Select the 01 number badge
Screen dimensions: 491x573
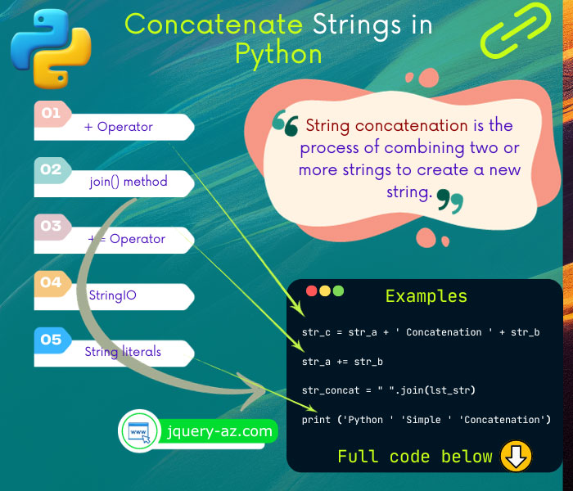tap(52, 113)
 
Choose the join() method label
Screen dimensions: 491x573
tap(129, 182)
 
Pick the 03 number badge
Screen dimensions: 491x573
tap(52, 226)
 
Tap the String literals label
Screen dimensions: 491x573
tap(123, 352)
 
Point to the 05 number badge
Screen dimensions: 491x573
tap(52, 340)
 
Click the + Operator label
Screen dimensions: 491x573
tap(119, 127)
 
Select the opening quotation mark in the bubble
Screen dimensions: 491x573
tap(285, 124)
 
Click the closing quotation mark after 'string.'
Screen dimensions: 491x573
tap(449, 199)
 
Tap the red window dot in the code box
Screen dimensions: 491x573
tap(311, 291)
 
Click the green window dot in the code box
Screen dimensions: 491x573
tap(338, 291)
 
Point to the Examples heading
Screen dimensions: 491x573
tap(426, 296)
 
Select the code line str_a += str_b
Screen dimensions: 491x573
tap(342, 361)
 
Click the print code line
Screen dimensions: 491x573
tap(426, 420)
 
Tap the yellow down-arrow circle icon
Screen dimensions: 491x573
tap(516, 456)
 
